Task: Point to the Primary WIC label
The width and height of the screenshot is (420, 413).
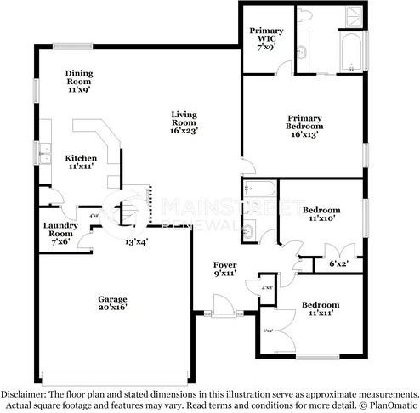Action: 266,37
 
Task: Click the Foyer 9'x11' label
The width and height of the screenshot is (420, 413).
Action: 224,270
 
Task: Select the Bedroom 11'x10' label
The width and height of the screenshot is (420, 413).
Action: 321,214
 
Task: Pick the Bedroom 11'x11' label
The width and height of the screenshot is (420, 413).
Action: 320,308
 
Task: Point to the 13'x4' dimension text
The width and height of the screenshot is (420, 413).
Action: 137,242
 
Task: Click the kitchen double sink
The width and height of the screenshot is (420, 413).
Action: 43,155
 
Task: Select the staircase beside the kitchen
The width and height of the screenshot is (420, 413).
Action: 146,204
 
